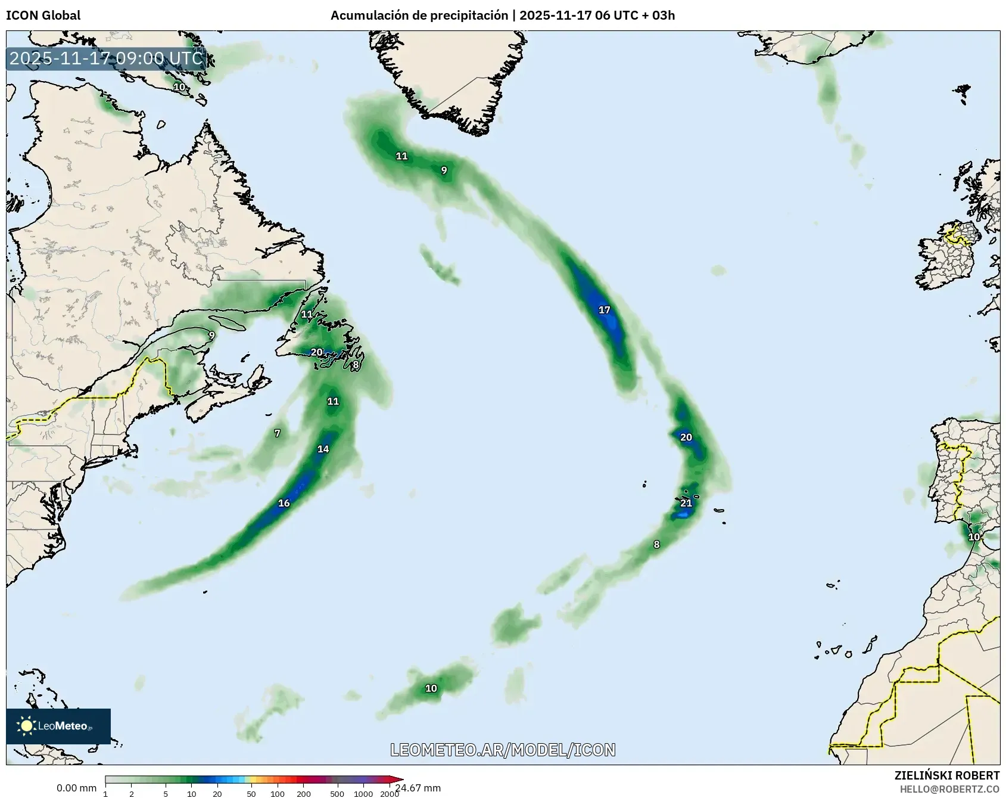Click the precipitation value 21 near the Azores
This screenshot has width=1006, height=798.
(686, 503)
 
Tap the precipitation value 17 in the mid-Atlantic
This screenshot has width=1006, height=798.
(605, 310)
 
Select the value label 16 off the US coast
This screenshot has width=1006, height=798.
(284, 503)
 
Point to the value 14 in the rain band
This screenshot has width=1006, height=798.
(323, 449)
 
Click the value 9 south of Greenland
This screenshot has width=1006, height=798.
(444, 170)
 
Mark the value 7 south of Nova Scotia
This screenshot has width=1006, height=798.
(277, 433)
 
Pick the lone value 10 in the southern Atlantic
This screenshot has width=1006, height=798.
(431, 688)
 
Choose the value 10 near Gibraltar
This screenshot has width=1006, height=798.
(974, 537)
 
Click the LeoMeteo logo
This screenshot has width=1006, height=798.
(58, 726)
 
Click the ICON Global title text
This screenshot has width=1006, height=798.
(43, 15)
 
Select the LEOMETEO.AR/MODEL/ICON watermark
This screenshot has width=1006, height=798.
(503, 750)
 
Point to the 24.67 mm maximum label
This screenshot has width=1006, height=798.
(418, 788)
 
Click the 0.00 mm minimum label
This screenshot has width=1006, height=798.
(76, 788)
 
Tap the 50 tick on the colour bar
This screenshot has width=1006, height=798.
(251, 794)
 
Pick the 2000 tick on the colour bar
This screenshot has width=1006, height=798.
(390, 794)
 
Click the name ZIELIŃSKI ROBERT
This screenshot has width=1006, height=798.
(947, 775)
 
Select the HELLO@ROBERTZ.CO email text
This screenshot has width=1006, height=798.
(949, 789)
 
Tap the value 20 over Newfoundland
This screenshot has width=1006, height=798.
(317, 352)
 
